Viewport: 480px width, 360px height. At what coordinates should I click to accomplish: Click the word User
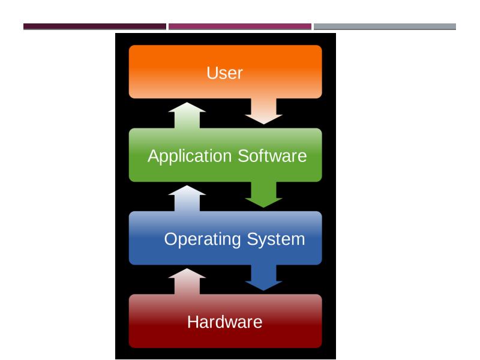pos(224,73)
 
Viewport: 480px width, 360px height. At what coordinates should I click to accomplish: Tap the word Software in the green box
pos(272,156)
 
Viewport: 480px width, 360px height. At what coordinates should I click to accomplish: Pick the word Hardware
pos(224,322)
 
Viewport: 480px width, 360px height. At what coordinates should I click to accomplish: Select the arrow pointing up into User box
pos(188,115)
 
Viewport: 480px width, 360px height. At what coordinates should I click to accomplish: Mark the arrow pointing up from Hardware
pos(188,281)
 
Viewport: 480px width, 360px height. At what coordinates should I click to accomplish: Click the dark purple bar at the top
pos(95,26)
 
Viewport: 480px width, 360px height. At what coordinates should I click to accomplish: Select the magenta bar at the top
pos(240,26)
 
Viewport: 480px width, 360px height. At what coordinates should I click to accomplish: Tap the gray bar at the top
pos(385,26)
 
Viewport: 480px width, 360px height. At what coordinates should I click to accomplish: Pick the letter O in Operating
pos(171,239)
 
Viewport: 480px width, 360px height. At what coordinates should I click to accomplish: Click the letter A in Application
pos(154,156)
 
